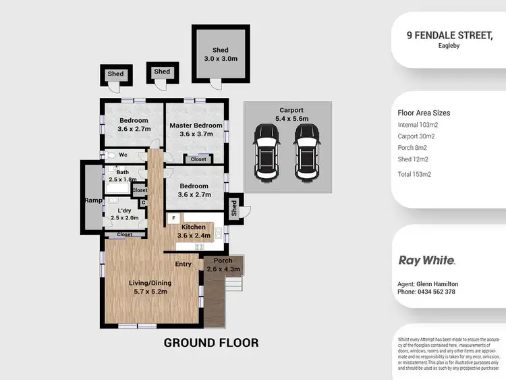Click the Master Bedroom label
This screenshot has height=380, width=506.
click(x=196, y=126)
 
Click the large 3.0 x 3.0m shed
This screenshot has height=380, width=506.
click(x=220, y=55)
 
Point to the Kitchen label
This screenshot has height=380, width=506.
click(x=194, y=227)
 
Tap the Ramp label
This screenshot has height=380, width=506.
click(x=92, y=200)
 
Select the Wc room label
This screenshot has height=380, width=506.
click(x=123, y=155)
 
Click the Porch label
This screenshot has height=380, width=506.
click(x=223, y=261)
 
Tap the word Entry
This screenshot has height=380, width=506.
click(x=184, y=264)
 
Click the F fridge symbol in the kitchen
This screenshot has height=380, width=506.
click(x=173, y=218)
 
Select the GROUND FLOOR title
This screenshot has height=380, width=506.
click(x=211, y=343)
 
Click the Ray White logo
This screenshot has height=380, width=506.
click(x=426, y=260)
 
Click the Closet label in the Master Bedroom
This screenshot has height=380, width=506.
click(x=198, y=159)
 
